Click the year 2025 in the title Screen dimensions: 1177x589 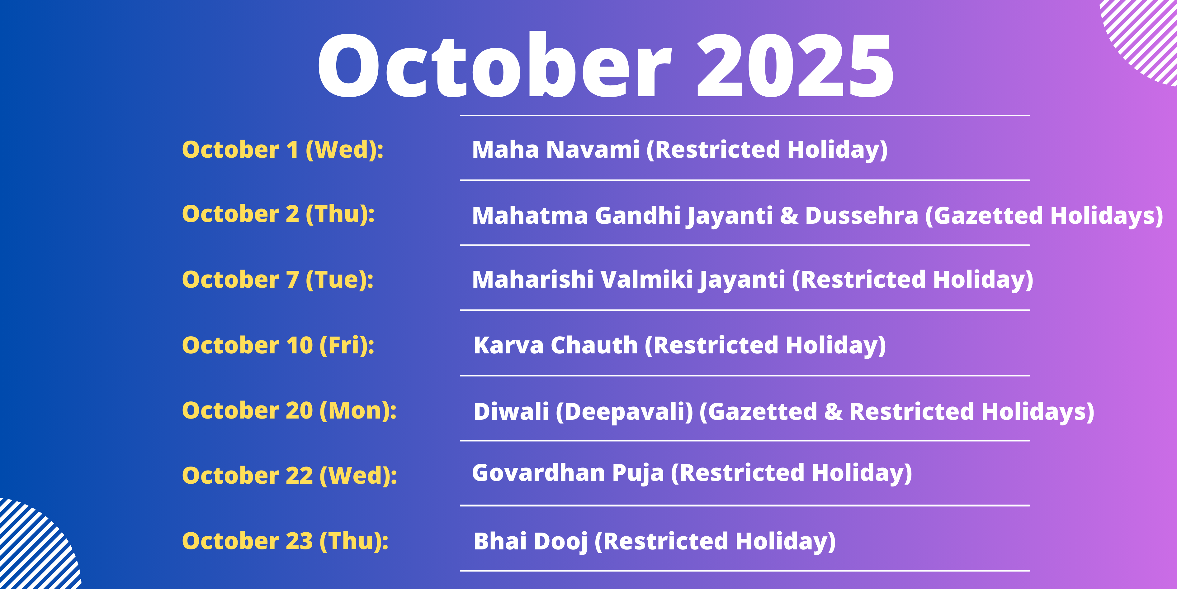(x=795, y=66)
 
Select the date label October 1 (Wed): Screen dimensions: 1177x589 (x=283, y=150)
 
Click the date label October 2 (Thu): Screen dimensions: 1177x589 (x=278, y=214)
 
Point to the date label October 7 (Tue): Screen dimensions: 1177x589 (x=278, y=280)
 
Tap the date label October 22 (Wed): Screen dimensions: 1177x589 (x=290, y=476)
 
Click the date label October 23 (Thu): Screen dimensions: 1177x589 (x=285, y=541)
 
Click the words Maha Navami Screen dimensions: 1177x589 (x=555, y=150)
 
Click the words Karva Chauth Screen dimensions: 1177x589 (x=555, y=345)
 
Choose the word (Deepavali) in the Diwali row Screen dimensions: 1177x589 (x=625, y=412)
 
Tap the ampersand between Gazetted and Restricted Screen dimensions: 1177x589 (x=834, y=412)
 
